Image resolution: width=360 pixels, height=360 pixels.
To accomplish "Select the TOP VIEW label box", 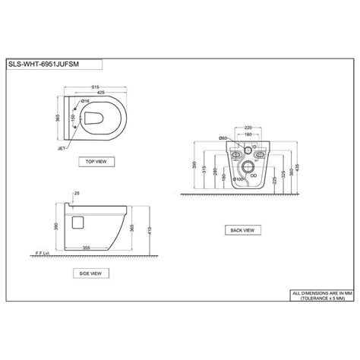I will point(100,162).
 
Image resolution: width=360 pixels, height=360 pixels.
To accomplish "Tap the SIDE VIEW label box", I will point(100,272).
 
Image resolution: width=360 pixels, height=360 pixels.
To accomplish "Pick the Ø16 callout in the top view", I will point(86,101).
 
